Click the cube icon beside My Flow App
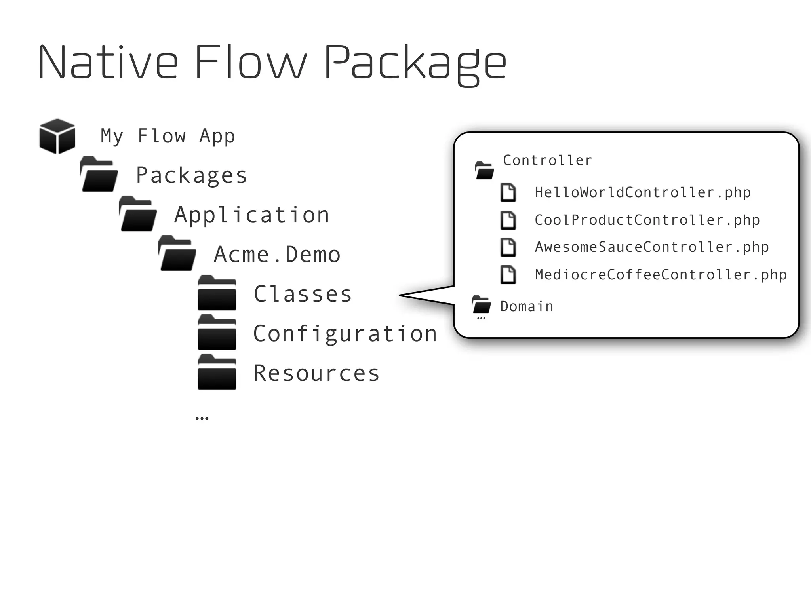coord(57,136)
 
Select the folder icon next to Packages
coord(99,175)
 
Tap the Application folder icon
coord(138,214)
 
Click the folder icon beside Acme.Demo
coord(177,254)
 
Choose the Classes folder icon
coord(217,293)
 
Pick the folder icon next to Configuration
coord(217,333)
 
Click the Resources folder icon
coord(217,372)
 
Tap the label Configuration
coord(345,334)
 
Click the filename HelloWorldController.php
coord(642,193)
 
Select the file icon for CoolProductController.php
coord(508,220)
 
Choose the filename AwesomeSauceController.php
coord(651,247)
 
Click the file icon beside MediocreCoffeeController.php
coord(508,275)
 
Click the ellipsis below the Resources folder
coord(202,418)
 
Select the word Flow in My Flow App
coord(162,136)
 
